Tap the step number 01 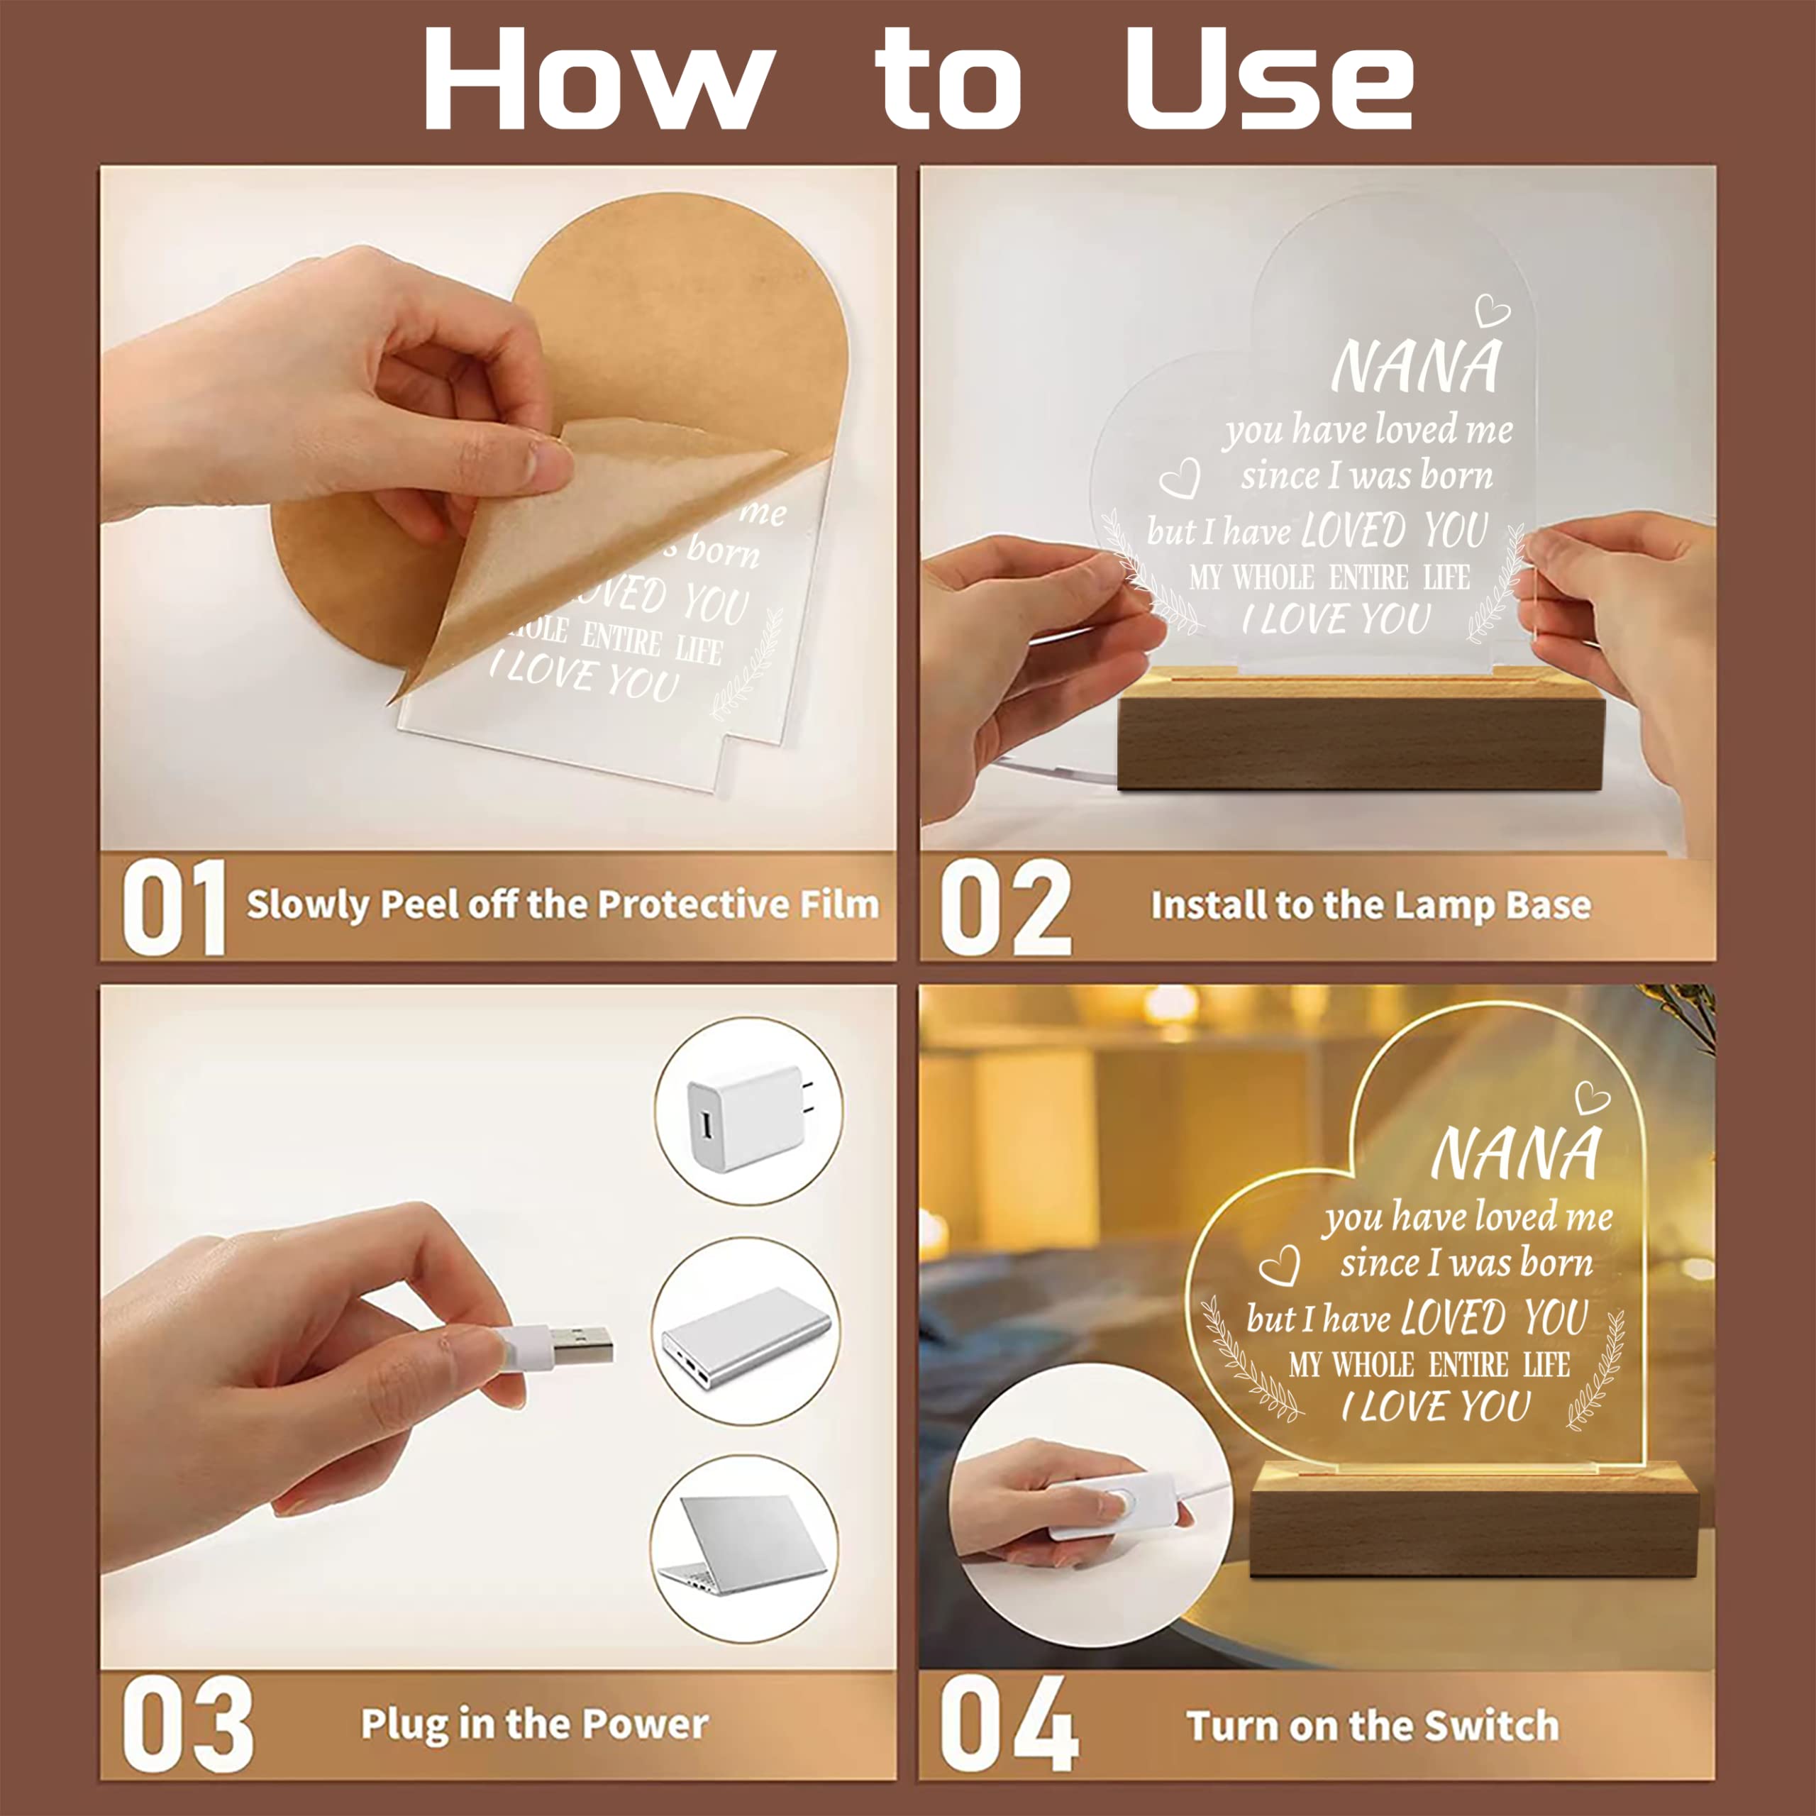pyautogui.click(x=174, y=908)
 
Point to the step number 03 pyautogui.click(x=188, y=1727)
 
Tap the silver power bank pyautogui.click(x=746, y=1336)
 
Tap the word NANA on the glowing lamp pyautogui.click(x=1515, y=1153)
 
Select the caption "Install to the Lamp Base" pyautogui.click(x=1371, y=905)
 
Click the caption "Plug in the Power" pyautogui.click(x=535, y=1724)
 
